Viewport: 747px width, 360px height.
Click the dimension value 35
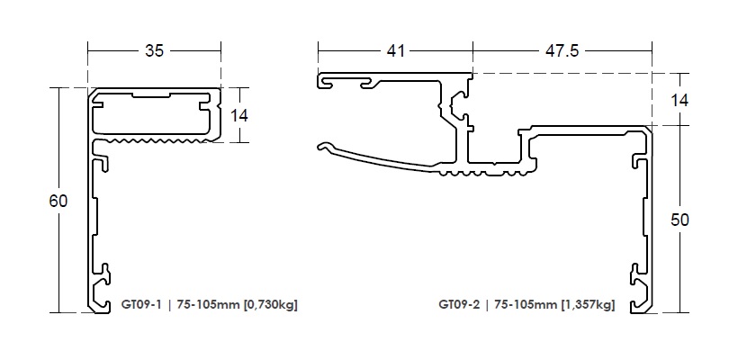(154, 51)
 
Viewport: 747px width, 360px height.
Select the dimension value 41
(394, 51)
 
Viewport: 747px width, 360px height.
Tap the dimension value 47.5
(562, 51)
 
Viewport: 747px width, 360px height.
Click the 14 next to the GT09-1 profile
(239, 115)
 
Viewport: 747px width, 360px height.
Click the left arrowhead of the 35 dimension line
(90, 51)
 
